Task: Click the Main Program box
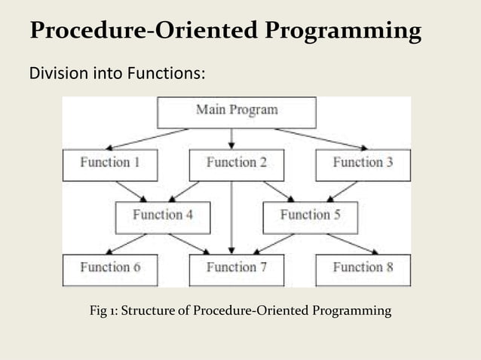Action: point(237,111)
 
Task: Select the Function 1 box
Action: point(109,163)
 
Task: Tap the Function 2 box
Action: point(236,163)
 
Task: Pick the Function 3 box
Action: point(363,163)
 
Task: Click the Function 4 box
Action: point(162,215)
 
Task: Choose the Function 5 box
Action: point(310,215)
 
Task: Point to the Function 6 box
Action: point(109,268)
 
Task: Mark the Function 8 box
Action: point(363,268)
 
